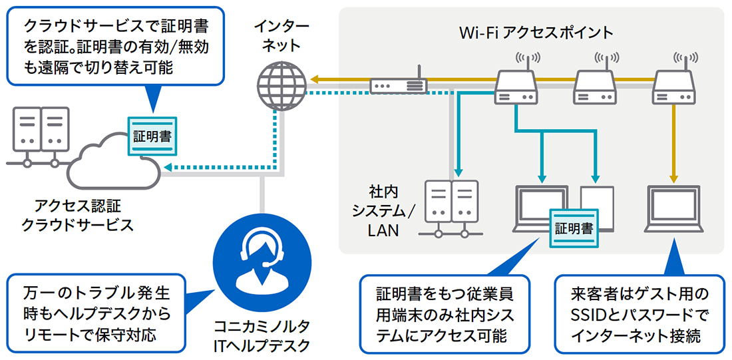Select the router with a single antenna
pos(399,85)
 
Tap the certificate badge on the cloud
pos(152,137)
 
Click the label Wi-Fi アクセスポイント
pos(536,32)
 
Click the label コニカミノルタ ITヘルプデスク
pos(262,336)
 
